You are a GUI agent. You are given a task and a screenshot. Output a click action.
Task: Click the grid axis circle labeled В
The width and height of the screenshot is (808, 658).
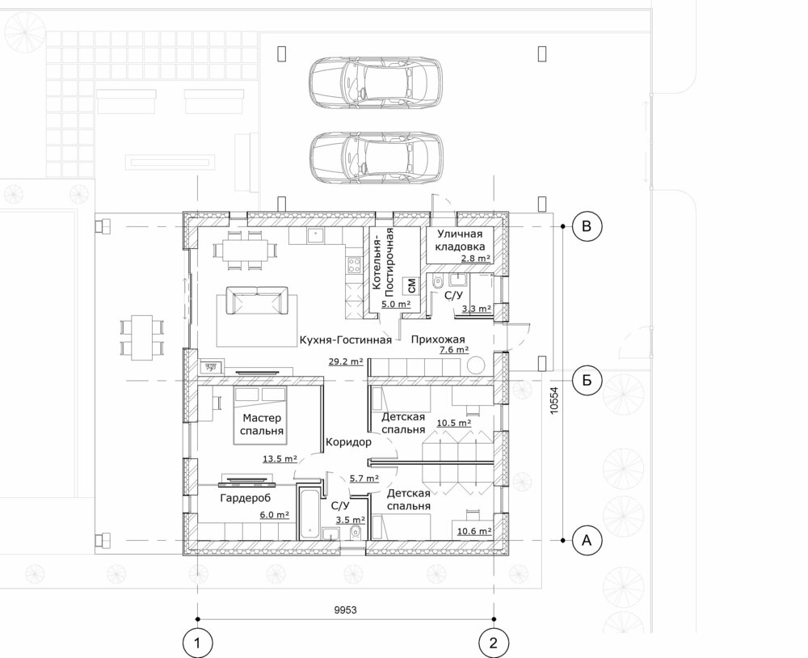click(586, 226)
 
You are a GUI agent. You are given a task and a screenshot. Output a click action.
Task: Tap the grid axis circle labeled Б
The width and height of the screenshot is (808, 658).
click(586, 381)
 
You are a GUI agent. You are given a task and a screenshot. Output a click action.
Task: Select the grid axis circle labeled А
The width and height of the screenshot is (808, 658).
click(586, 541)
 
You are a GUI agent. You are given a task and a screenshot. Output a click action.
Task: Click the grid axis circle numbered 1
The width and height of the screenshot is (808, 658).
click(197, 643)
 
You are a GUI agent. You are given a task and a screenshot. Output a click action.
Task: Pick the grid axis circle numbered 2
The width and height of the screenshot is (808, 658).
click(494, 643)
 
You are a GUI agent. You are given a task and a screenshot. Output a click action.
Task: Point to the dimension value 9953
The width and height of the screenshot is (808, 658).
click(345, 610)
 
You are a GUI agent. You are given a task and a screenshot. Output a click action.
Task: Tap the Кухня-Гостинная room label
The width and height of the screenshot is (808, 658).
click(346, 340)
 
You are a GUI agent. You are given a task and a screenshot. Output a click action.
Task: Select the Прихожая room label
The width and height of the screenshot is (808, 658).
click(438, 340)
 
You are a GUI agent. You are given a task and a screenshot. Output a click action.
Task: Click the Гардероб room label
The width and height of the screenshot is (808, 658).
click(246, 498)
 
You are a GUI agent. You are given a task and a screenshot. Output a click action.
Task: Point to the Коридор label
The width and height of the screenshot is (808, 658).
click(348, 442)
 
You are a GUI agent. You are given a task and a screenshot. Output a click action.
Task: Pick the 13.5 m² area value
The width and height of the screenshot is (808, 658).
click(280, 458)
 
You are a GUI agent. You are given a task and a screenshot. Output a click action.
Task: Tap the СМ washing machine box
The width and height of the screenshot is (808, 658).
click(410, 285)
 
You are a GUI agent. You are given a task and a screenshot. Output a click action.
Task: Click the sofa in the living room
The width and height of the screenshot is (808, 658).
click(256, 302)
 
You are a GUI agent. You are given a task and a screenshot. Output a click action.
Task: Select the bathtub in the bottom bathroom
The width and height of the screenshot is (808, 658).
click(309, 515)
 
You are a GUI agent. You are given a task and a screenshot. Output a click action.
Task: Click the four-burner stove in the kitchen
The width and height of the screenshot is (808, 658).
click(354, 266)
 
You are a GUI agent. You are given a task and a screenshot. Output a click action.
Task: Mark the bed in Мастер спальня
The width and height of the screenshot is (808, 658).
click(260, 415)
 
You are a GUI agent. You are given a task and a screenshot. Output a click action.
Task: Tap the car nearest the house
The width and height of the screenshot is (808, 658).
click(376, 158)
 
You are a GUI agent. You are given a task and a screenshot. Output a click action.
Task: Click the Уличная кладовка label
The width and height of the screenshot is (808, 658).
click(460, 240)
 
